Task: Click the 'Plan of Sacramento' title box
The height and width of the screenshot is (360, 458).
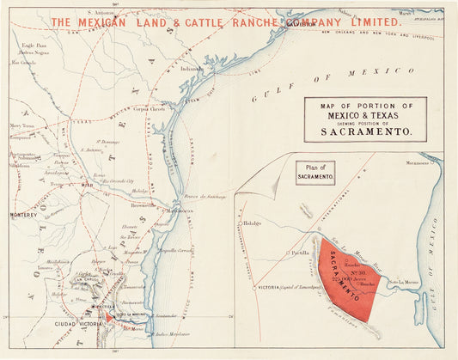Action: tap(315, 170)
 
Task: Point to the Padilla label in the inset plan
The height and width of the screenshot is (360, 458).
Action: tap(299, 253)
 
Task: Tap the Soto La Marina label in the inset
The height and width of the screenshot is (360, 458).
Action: tap(404, 283)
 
